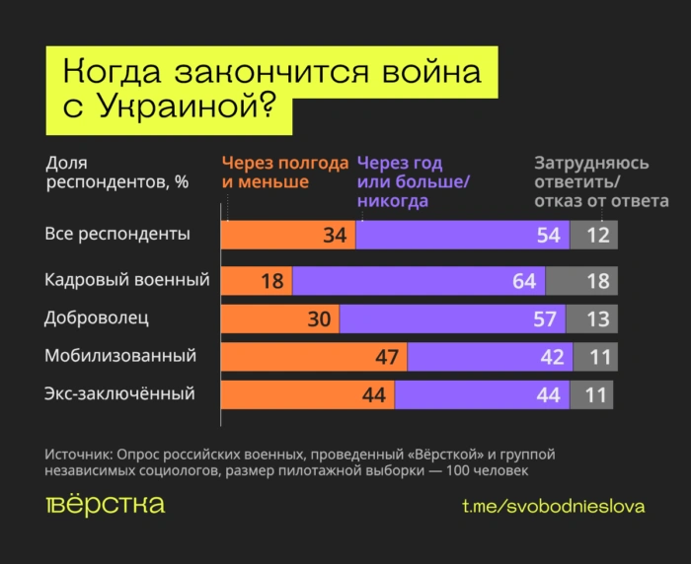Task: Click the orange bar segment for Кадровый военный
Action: (x=256, y=281)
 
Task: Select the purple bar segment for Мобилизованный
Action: (x=489, y=357)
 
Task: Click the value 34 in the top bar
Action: (x=334, y=236)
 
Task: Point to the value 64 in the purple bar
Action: (x=524, y=281)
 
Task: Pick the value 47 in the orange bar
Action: (x=386, y=357)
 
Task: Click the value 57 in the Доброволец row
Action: (x=544, y=318)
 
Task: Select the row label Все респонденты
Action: (x=117, y=235)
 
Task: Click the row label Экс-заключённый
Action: (x=119, y=393)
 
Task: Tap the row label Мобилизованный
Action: (x=120, y=355)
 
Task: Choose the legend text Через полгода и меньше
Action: (x=284, y=173)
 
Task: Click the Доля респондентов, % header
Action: (x=116, y=173)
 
